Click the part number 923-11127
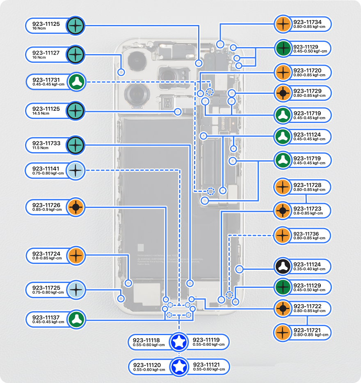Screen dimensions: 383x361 (x=46, y=53)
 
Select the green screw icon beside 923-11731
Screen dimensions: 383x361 (x=77, y=82)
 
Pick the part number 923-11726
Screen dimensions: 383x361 (x=46, y=205)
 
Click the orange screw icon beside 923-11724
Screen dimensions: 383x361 (x=76, y=256)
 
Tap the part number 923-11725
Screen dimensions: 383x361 (x=46, y=288)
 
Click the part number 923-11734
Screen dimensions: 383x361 (x=307, y=22)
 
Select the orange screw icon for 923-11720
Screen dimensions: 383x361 (x=283, y=73)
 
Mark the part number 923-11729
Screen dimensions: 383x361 (x=307, y=91)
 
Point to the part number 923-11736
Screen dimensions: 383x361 (x=307, y=234)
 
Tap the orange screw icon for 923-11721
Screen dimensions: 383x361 (x=283, y=332)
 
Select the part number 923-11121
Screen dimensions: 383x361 (x=207, y=365)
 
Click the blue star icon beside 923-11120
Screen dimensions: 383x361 (x=179, y=367)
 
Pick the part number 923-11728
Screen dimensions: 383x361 (x=307, y=185)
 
